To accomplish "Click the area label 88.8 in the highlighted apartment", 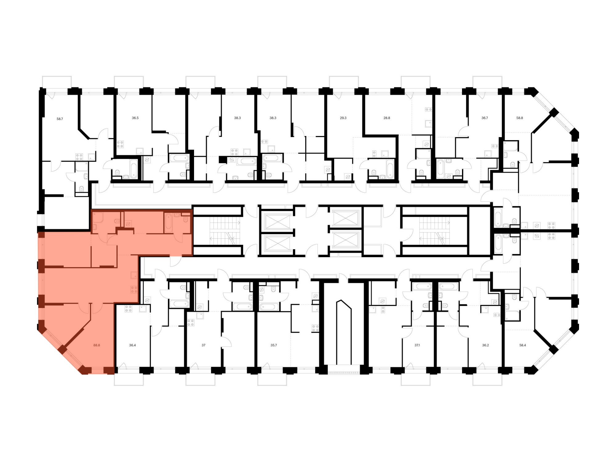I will pos(97,345).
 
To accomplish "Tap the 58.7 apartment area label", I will pos(60,119).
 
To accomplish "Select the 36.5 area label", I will pos(135,118).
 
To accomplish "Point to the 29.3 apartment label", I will pos(343,118).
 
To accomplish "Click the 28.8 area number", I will pos(387,118).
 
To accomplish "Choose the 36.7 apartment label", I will pos(484,118).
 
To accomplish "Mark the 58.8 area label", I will pos(520,118).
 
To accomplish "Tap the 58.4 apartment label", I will pos(523,345).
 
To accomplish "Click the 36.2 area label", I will pos(485,345).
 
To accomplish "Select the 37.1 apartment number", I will pos(417,345).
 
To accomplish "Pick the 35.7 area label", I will pos(274,345).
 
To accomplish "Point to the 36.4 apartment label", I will pos(132,345).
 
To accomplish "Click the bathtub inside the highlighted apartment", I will pos(168,223).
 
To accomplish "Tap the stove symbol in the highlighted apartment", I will pos(134,289).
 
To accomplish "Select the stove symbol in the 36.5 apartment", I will pos(120,144).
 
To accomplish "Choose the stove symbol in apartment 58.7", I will pos(79,157).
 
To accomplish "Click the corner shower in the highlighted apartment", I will pos(98,217).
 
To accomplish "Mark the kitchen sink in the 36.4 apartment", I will pos(143,309).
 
